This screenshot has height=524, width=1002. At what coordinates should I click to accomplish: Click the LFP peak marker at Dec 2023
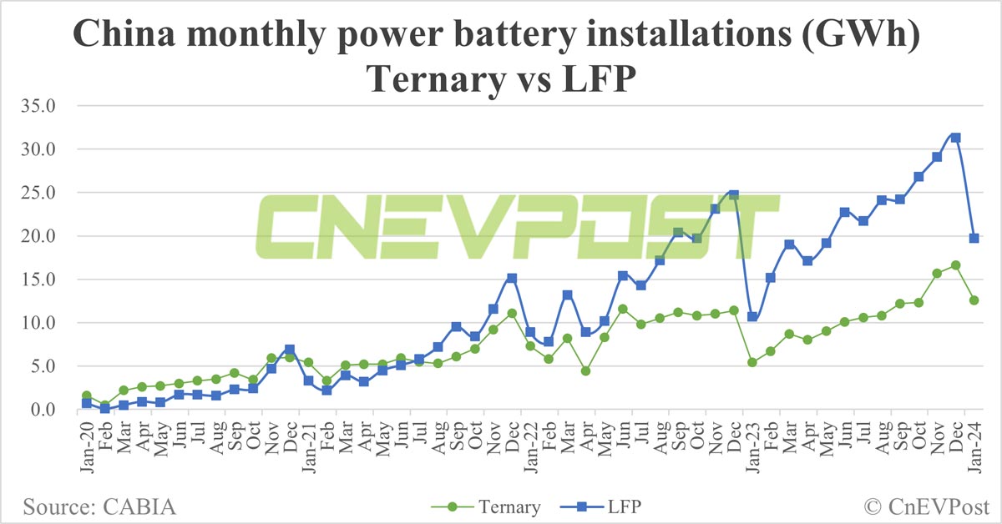tap(955, 138)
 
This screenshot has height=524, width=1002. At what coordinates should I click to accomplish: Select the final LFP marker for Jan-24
tap(974, 238)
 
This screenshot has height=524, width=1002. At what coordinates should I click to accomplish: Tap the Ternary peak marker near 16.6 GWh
tap(955, 265)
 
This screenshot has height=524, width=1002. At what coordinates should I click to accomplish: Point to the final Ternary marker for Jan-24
tap(974, 300)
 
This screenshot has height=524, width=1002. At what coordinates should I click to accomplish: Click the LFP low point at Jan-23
tap(752, 317)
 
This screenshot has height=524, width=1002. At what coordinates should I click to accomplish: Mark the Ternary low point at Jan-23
tap(752, 362)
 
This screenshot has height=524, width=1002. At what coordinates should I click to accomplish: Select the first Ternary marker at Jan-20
tap(86, 396)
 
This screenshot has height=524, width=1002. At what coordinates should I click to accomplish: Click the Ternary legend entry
tap(487, 506)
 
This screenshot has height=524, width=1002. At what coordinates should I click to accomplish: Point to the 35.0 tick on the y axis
tap(39, 106)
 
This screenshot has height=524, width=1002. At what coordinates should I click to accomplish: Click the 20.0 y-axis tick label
tap(39, 236)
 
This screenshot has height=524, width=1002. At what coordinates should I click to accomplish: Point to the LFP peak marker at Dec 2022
tap(733, 194)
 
